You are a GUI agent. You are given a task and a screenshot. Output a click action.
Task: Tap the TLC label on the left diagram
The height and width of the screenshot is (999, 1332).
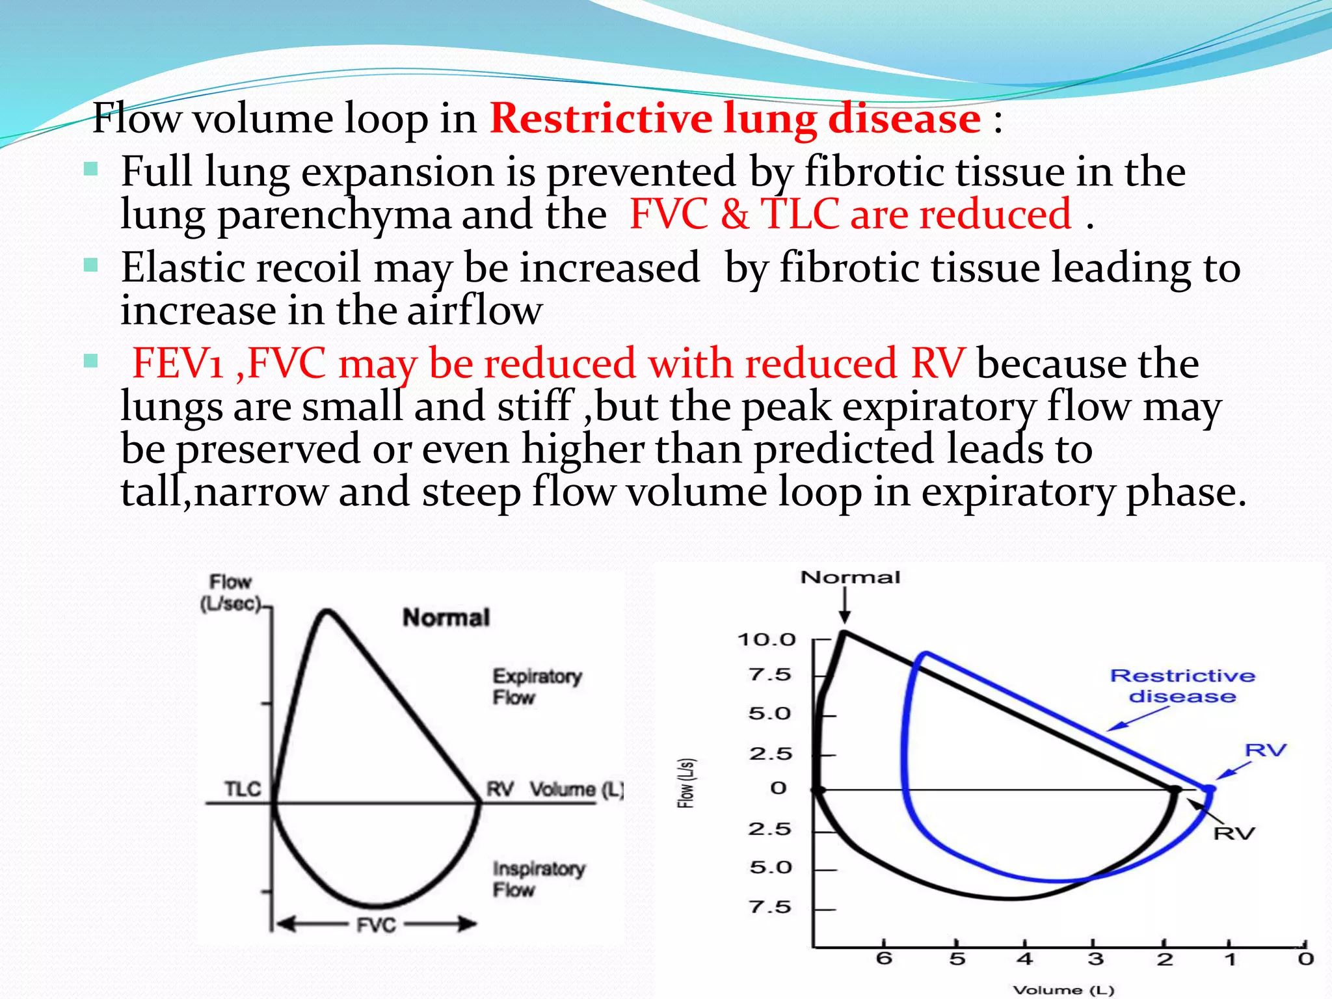(x=243, y=789)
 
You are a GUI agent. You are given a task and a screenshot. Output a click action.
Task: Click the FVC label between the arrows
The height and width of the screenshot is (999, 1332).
(x=376, y=924)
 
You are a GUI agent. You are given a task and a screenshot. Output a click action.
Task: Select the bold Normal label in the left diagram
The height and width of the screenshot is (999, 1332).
(x=446, y=617)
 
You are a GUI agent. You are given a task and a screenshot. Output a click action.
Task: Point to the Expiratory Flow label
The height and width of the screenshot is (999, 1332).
(x=537, y=686)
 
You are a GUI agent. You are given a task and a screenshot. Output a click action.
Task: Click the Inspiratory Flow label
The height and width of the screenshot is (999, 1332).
(x=539, y=879)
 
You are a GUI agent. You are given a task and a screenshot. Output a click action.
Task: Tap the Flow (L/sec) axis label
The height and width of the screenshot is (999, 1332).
(x=230, y=593)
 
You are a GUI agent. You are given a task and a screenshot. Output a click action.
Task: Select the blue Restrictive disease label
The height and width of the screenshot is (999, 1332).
(x=1182, y=686)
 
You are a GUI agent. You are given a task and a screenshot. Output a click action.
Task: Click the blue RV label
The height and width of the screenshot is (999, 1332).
(x=1265, y=750)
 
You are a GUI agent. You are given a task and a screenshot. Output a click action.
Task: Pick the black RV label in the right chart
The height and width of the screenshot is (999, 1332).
(x=1234, y=832)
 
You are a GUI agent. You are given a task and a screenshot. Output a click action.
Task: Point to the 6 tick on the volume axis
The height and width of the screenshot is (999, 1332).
(x=884, y=958)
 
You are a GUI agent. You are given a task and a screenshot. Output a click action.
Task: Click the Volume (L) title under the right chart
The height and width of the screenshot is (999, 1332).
(x=1063, y=990)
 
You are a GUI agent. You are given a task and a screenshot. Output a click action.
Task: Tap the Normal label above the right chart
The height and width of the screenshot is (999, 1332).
(x=850, y=577)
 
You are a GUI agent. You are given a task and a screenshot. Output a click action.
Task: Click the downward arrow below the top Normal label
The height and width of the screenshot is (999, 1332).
(x=844, y=606)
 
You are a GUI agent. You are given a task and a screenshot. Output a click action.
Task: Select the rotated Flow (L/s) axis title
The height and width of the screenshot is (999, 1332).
(x=686, y=783)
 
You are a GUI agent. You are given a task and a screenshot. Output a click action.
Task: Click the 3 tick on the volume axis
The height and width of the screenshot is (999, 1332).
(x=1096, y=958)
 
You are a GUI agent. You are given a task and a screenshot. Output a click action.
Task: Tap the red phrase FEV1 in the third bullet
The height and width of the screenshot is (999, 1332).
(x=178, y=363)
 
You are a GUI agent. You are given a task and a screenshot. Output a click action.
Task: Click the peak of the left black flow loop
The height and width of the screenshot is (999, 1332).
(x=327, y=611)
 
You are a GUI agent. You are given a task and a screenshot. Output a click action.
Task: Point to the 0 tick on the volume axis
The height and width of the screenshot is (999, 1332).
(x=1305, y=958)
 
